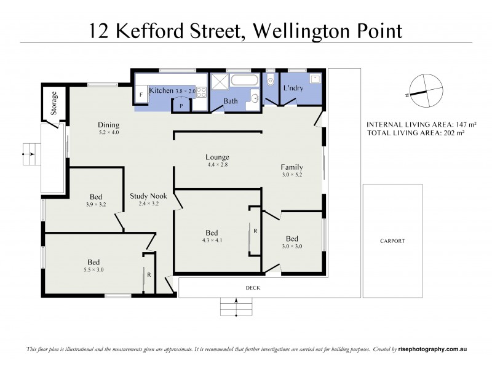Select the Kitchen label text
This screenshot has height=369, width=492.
click(x=161, y=90)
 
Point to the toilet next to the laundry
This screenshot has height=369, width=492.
click(x=270, y=81)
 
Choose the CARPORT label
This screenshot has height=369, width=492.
click(x=392, y=241)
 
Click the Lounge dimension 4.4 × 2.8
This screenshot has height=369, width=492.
click(x=217, y=165)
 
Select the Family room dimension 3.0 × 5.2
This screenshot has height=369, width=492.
click(x=292, y=175)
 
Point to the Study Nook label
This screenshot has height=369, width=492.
click(x=148, y=196)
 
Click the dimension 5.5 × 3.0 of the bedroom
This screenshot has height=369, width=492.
click(x=94, y=269)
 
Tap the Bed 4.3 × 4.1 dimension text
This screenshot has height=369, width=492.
click(x=212, y=240)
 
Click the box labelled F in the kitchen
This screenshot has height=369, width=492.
click(x=141, y=95)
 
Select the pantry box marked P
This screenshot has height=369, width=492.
click(x=181, y=105)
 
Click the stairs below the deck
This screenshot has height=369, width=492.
click(x=236, y=306)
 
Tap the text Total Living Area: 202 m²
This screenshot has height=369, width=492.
click(x=422, y=132)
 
